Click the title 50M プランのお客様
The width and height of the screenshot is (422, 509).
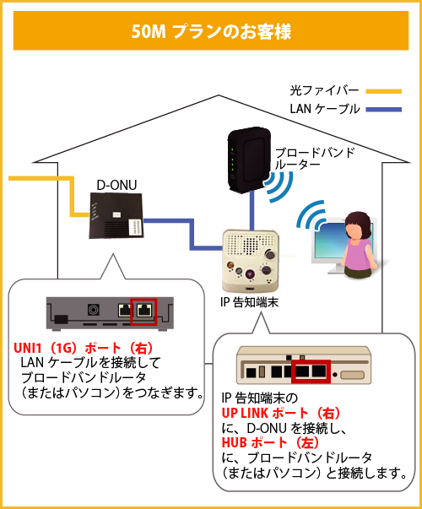(211, 32)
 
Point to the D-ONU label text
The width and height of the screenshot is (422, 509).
(113, 185)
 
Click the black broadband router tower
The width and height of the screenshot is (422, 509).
(247, 159)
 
